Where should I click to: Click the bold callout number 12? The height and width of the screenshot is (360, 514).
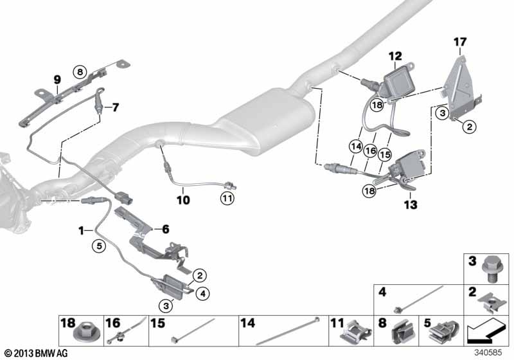coord(394,56)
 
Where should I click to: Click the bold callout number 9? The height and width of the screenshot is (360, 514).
coord(57,80)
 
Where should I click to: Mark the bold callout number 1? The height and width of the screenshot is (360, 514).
coord(81,230)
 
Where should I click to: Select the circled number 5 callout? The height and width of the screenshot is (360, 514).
coord(98,244)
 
